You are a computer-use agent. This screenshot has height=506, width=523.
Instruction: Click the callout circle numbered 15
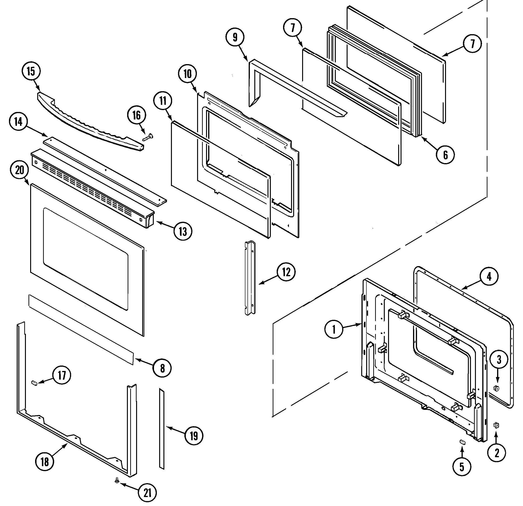click(31, 71)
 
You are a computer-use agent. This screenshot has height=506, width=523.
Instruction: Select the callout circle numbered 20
click(20, 170)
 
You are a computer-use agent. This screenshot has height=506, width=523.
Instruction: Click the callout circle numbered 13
click(183, 231)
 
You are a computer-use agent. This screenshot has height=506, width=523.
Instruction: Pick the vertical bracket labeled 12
click(250, 278)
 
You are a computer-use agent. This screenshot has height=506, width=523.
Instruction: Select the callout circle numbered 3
click(499, 360)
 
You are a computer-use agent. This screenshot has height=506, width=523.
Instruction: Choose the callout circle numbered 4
click(489, 277)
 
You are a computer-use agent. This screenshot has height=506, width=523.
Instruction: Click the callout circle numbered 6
click(445, 155)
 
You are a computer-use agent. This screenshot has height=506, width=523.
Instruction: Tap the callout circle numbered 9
click(235, 38)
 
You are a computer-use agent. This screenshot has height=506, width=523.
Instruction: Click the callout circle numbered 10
click(188, 74)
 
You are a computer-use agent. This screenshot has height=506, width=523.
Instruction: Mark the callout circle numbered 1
click(334, 330)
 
